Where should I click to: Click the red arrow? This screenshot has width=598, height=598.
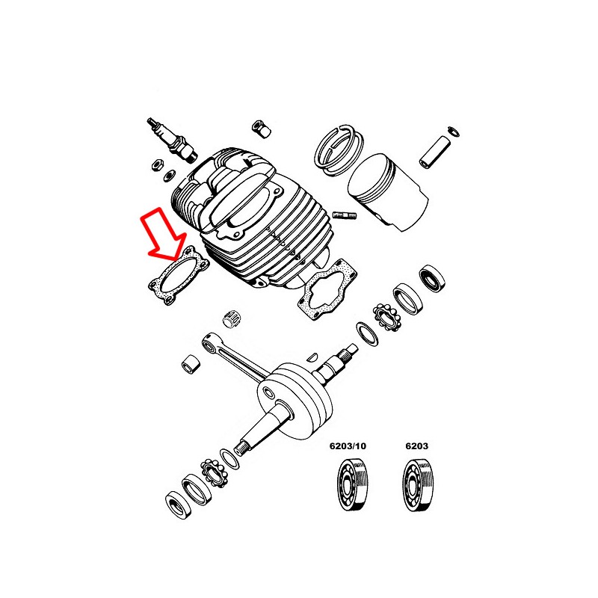[x=163, y=233]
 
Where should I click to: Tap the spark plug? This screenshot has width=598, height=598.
[x=172, y=140]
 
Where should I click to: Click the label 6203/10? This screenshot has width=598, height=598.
[x=348, y=446]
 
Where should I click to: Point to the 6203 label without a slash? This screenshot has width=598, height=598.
[x=416, y=446]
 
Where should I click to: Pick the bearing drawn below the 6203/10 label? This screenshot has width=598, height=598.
[x=353, y=484]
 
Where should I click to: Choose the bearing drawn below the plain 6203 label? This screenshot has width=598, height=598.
[x=418, y=485]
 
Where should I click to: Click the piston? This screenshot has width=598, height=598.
[x=388, y=193]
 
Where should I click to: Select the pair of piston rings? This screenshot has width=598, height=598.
[x=339, y=149]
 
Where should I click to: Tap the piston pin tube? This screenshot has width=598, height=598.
[x=435, y=152]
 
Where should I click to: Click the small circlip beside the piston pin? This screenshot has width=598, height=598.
[x=454, y=132]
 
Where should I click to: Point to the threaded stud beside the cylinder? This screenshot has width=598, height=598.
[x=345, y=215]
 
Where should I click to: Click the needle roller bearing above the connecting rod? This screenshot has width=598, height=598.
[x=232, y=317]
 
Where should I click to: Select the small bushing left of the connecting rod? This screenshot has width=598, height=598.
[x=191, y=365]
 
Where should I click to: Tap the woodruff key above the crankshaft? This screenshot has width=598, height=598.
[x=312, y=357]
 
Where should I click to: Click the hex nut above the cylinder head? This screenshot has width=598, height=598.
[x=261, y=129]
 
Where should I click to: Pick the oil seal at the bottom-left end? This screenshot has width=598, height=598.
[x=179, y=506]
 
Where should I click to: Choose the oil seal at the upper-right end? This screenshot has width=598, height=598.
[x=432, y=278]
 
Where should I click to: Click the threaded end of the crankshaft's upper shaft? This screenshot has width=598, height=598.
[x=351, y=351]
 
